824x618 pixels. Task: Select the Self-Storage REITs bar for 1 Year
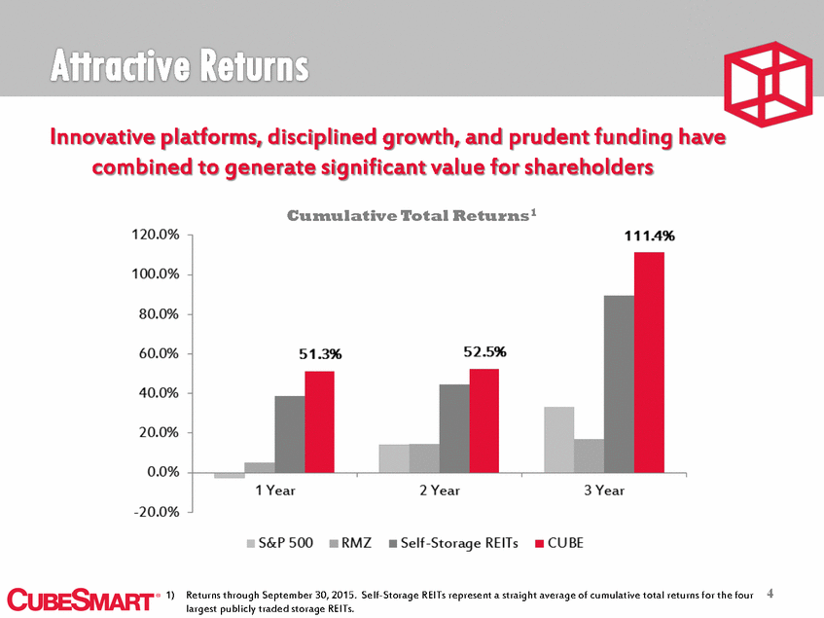pyautogui.click(x=289, y=434)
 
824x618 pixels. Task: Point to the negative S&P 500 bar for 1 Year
pyautogui.click(x=230, y=475)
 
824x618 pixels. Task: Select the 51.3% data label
pyautogui.click(x=320, y=355)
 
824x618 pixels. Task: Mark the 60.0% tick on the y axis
pyautogui.click(x=157, y=353)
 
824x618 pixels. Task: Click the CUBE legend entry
pyautogui.click(x=558, y=543)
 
